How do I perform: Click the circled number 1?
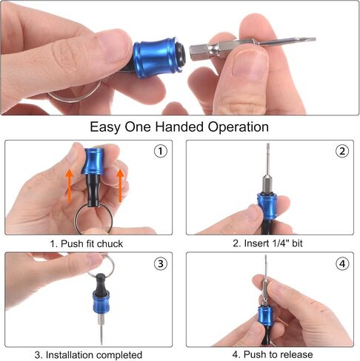pyautogui.click(x=161, y=151)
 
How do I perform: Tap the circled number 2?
pyautogui.click(x=342, y=151)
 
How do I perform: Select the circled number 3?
pyautogui.click(x=161, y=263)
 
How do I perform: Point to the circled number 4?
pyautogui.click(x=342, y=263)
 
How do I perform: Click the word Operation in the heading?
pyautogui.click(x=239, y=127)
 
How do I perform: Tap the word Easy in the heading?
pyautogui.click(x=105, y=127)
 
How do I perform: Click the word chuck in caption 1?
pyautogui.click(x=110, y=243)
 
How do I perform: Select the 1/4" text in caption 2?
pyautogui.click(x=281, y=243)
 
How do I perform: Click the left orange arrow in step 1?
pyautogui.click(x=70, y=186)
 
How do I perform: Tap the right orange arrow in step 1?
pyautogui.click(x=120, y=186)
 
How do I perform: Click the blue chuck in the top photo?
pyautogui.click(x=159, y=58)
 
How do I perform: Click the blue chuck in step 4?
pyautogui.click(x=265, y=317)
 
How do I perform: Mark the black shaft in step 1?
pyautogui.click(x=94, y=190)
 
